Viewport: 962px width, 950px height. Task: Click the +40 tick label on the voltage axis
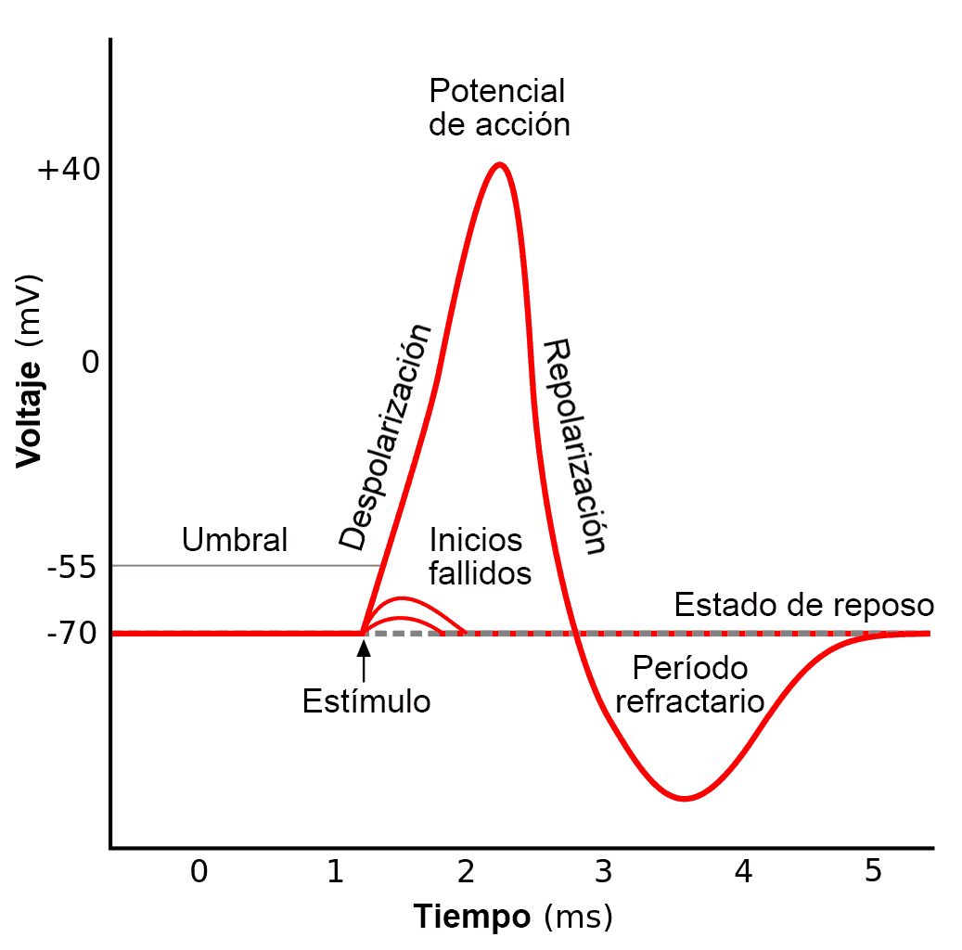point(67,171)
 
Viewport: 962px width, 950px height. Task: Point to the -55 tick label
point(71,567)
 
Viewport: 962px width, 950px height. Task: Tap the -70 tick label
point(71,635)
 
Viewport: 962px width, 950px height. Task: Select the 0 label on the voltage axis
point(90,362)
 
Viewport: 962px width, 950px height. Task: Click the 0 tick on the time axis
point(199,871)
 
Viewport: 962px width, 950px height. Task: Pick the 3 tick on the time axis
point(603,871)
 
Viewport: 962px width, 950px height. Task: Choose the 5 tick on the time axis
point(873,871)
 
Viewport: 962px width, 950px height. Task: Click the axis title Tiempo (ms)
point(513,917)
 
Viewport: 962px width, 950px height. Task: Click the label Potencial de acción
point(498,108)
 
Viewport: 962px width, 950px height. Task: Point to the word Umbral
point(235,539)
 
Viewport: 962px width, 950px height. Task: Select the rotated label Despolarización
point(386,437)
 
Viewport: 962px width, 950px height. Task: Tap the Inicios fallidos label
point(480,556)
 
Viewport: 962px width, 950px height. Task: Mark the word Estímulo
point(366,701)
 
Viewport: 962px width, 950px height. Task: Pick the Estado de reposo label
point(803,605)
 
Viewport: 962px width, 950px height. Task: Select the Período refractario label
point(689,685)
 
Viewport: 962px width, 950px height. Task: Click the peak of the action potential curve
point(500,165)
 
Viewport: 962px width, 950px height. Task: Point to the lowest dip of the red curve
point(685,798)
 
